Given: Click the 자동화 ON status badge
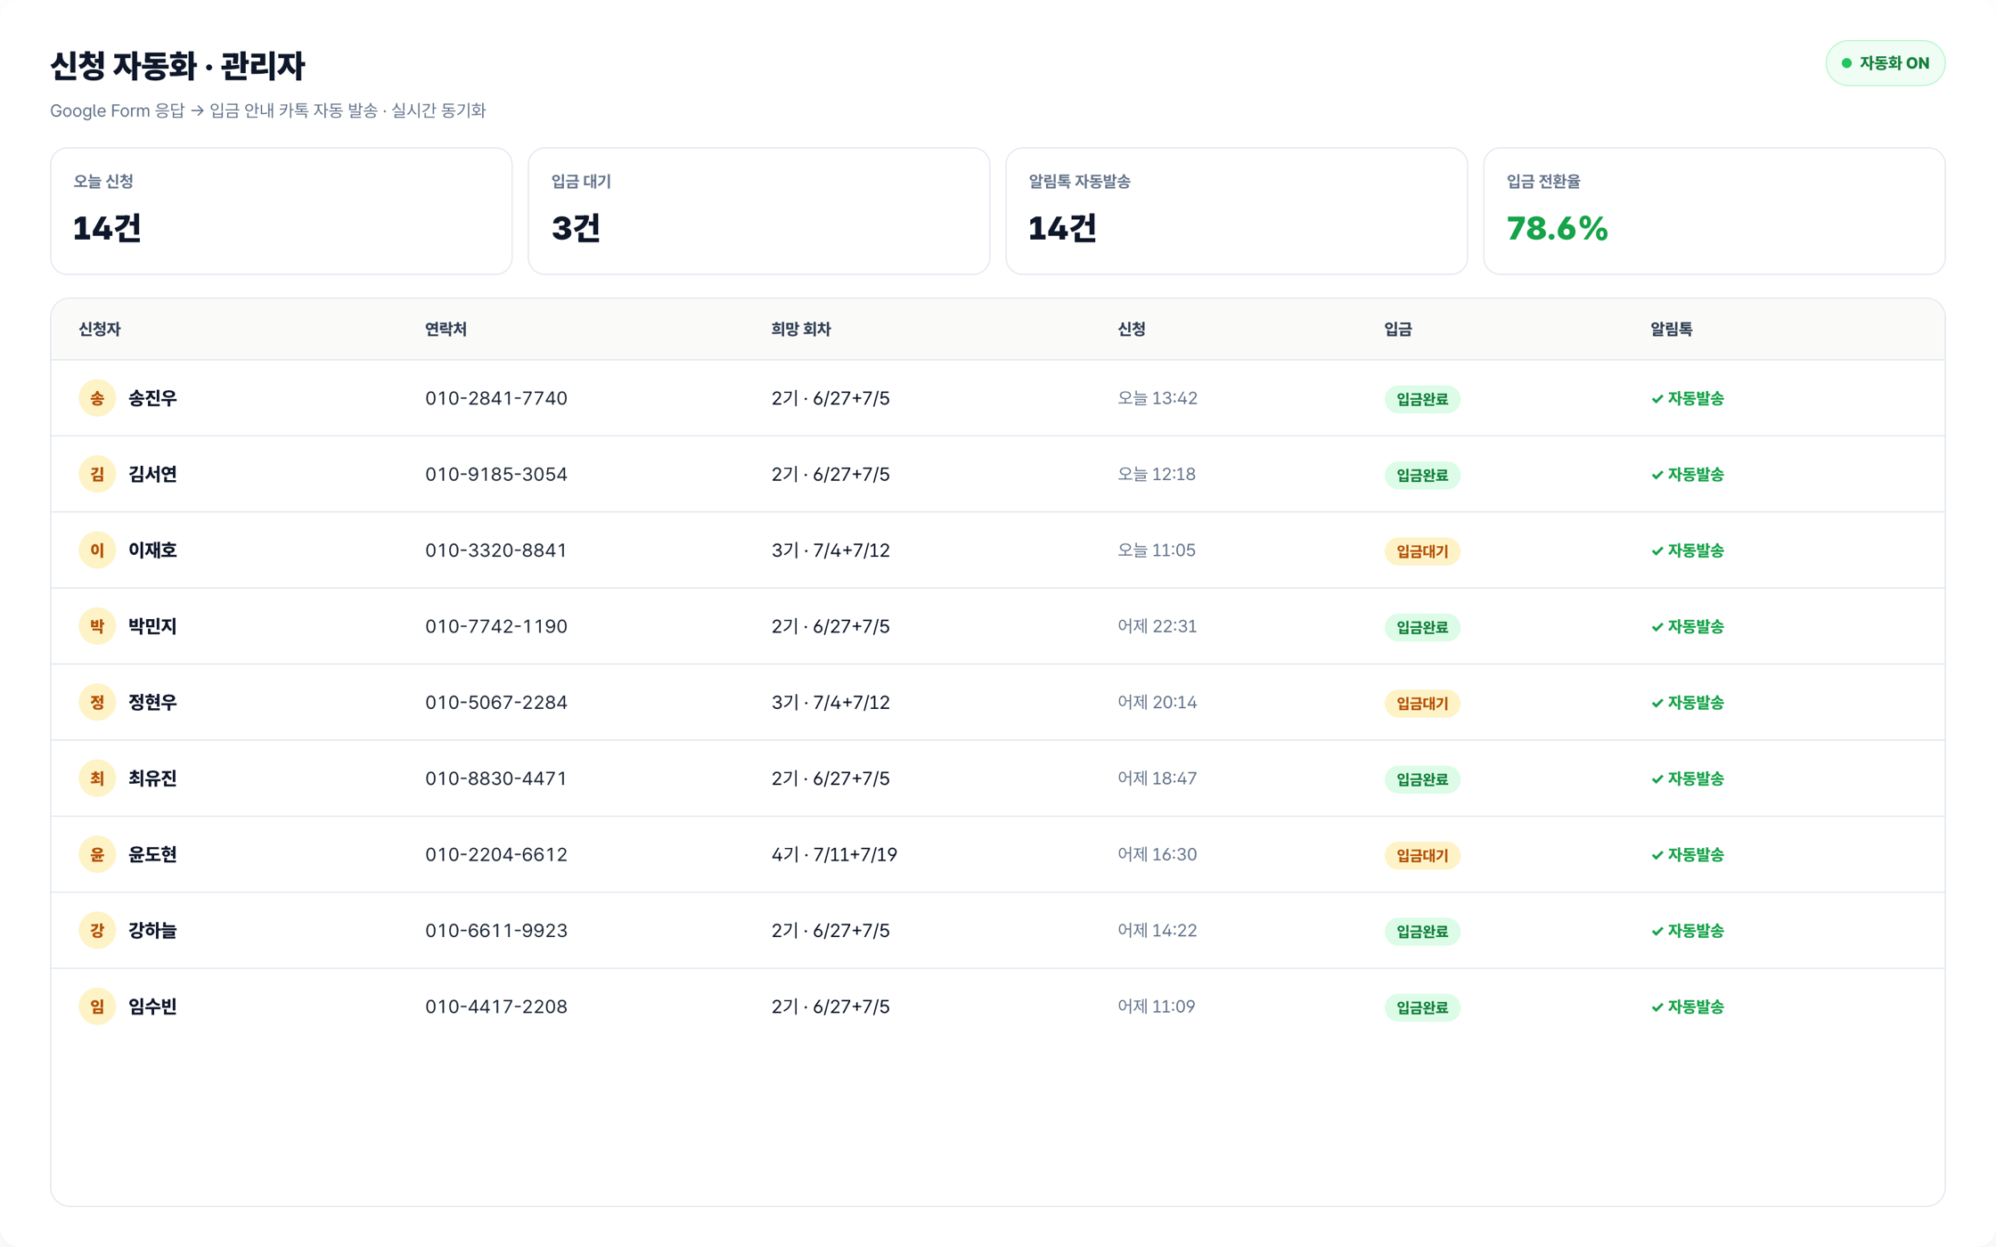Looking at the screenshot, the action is click(x=1885, y=63).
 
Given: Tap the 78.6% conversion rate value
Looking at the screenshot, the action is click(x=1557, y=228).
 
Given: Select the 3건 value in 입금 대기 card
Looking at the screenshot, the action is click(x=576, y=228).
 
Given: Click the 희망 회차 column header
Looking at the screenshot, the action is click(x=800, y=329).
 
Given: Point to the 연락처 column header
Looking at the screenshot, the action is click(x=446, y=329).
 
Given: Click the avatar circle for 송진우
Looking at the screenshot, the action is click(x=97, y=398).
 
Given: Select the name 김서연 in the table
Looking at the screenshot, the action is click(x=152, y=474).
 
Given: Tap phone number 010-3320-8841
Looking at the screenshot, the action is click(x=495, y=550).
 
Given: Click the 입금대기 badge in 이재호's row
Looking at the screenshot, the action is click(x=1422, y=551).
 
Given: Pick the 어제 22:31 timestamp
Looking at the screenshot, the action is click(x=1157, y=626).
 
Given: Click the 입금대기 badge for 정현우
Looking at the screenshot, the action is click(x=1422, y=703).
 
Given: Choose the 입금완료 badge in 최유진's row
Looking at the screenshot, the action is click(x=1422, y=779).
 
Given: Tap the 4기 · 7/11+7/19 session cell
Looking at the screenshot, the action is click(x=834, y=854).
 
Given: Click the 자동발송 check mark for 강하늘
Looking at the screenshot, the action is click(x=1657, y=931).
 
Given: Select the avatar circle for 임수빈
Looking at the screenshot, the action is click(x=97, y=1007).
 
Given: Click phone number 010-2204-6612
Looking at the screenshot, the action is click(x=495, y=854).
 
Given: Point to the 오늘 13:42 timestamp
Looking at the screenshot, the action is click(x=1157, y=398).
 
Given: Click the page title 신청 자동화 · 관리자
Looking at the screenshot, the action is click(x=177, y=66).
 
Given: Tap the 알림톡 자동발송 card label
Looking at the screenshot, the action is click(x=1079, y=182).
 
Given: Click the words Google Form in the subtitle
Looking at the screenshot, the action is click(x=100, y=110).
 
